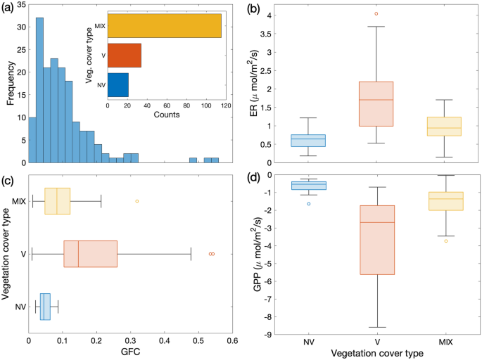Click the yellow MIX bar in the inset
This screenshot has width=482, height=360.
click(x=164, y=25)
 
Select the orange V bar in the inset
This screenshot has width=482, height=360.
click(x=124, y=55)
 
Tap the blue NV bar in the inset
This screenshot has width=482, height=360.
click(x=118, y=84)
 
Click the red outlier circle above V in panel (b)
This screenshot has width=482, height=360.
click(x=376, y=13)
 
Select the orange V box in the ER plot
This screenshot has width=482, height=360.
click(x=376, y=104)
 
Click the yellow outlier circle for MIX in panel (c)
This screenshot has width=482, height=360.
click(x=137, y=201)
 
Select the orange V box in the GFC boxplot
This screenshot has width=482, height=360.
click(x=90, y=253)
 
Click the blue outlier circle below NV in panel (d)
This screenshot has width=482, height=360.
click(x=308, y=204)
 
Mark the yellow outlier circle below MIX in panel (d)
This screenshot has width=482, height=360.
click(x=445, y=241)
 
